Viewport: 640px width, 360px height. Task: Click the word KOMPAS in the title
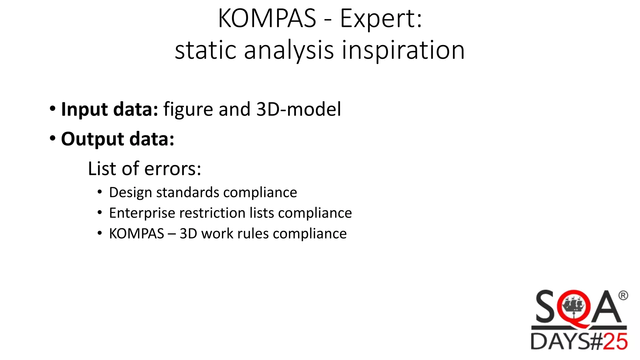267,19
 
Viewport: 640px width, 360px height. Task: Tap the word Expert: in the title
381,19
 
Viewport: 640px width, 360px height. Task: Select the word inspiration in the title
403,51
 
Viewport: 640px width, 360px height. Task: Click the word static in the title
205,51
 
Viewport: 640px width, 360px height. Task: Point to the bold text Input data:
110,109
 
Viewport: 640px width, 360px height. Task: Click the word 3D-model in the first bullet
298,109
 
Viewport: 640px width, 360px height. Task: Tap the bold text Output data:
117,139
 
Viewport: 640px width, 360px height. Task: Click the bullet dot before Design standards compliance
100,192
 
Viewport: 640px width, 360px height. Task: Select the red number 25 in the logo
615,342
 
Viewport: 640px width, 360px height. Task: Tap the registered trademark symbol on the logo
623,295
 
